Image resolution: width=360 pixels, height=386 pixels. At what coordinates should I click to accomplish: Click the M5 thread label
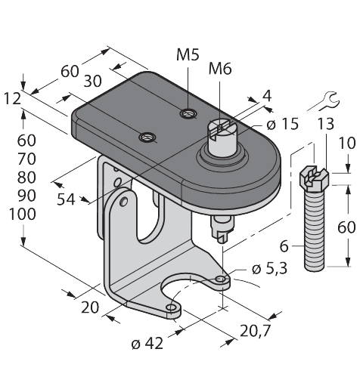pyautogui.click(x=187, y=54)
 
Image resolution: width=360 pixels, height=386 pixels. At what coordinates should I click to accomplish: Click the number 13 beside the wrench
pyautogui.click(x=325, y=125)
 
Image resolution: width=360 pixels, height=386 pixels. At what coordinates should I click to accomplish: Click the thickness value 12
pyautogui.click(x=12, y=99)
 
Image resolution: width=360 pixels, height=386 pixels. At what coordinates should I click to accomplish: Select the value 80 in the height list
pyautogui.click(x=27, y=177)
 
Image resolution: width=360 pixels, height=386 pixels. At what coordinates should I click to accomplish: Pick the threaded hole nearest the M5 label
pyautogui.click(x=186, y=113)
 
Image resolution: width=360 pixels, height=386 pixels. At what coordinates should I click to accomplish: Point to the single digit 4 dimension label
pyautogui.click(x=265, y=96)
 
